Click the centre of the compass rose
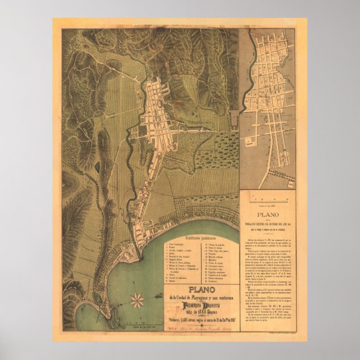pos(136,301)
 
